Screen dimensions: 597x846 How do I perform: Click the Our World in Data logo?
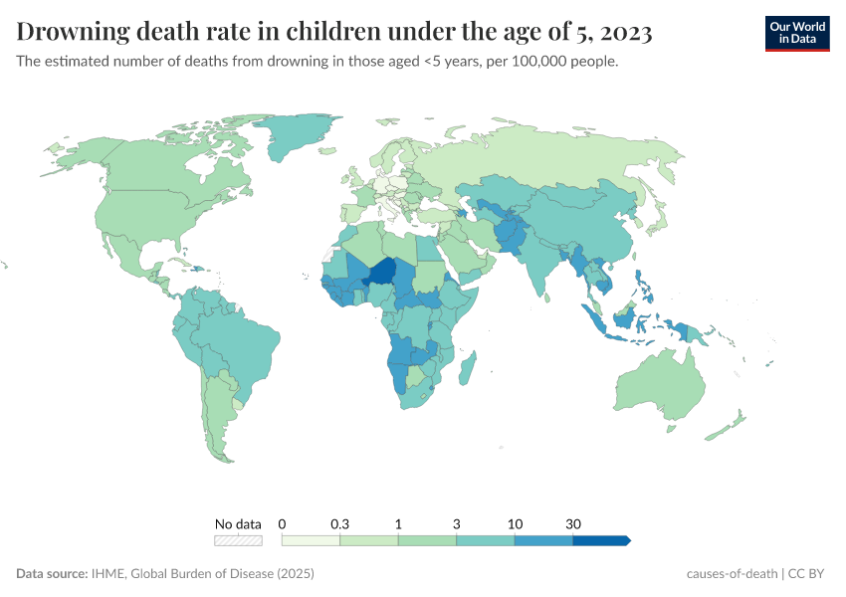(796, 33)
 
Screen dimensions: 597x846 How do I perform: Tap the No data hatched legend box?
(238, 540)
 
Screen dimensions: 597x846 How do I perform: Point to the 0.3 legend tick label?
(339, 523)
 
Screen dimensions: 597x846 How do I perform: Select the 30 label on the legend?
(573, 523)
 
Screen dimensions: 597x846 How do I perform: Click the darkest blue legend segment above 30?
(600, 540)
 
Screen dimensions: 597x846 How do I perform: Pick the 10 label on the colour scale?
(515, 523)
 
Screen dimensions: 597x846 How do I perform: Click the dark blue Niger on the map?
(382, 272)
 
